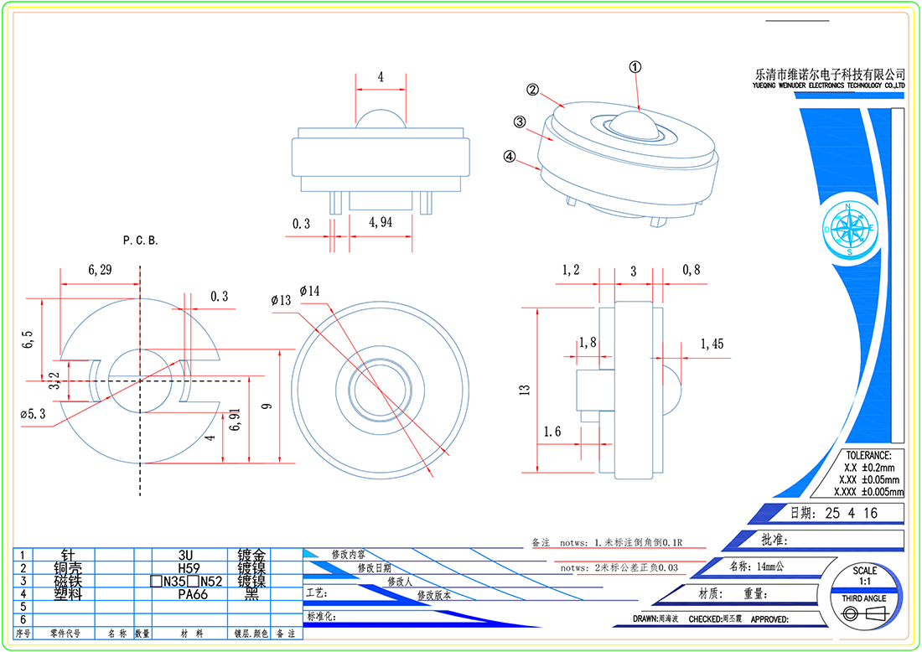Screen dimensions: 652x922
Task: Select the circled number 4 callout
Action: pyautogui.click(x=510, y=156)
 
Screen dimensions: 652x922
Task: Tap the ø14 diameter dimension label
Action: pyautogui.click(x=309, y=290)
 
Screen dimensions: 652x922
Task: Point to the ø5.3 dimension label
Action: pyautogui.click(x=34, y=413)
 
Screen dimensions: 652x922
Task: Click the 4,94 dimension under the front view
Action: pyautogui.click(x=382, y=224)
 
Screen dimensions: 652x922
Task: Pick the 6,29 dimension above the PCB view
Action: pyautogui.click(x=99, y=270)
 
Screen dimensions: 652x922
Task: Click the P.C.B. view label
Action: pyautogui.click(x=140, y=241)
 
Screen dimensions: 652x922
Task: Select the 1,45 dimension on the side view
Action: pyautogui.click(x=712, y=344)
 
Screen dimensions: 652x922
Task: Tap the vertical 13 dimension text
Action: pyautogui.click(x=524, y=390)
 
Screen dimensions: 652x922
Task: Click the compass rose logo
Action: pyautogui.click(x=848, y=228)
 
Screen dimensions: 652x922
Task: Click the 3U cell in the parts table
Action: pyautogui.click(x=185, y=555)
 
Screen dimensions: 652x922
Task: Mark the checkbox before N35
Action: pyautogui.click(x=156, y=581)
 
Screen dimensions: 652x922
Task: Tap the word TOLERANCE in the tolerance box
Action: pyautogui.click(x=868, y=455)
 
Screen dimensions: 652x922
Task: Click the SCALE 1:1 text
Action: pyautogui.click(x=864, y=576)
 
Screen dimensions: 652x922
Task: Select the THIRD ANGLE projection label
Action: pyautogui.click(x=864, y=598)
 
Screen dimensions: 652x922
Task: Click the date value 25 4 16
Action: pyautogui.click(x=851, y=513)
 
